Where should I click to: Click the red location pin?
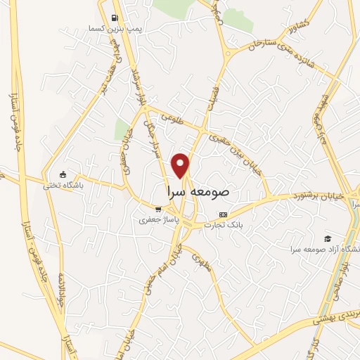pyautogui.click(x=181, y=165)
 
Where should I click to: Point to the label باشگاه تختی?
pyautogui.click(x=63, y=186)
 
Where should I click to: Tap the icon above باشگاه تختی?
pyautogui.click(x=63, y=174)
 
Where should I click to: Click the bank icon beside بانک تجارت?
pyautogui.click(x=224, y=214)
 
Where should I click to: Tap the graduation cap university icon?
pyautogui.click(x=327, y=239)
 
